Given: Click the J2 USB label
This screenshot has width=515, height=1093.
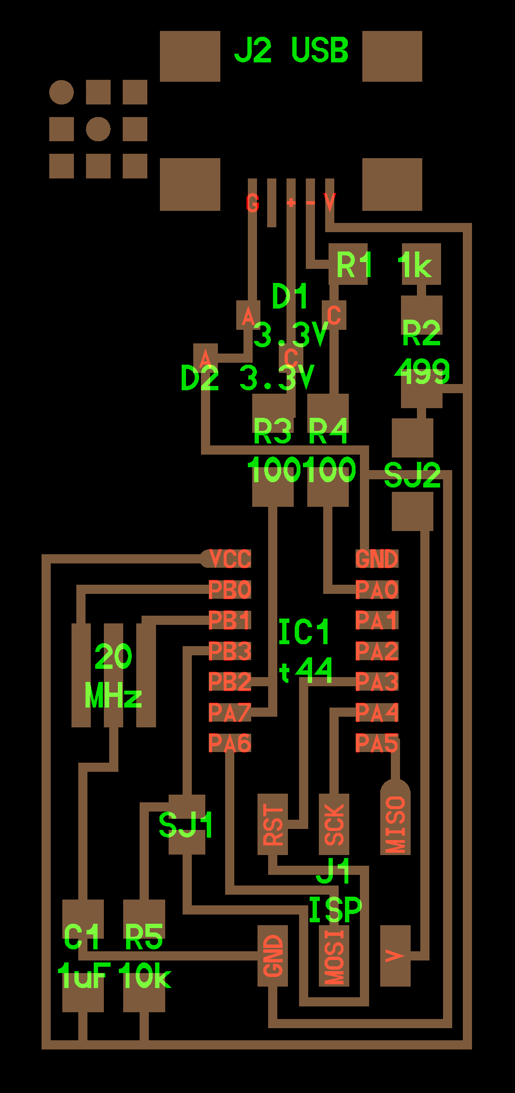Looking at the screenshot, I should pos(291,50).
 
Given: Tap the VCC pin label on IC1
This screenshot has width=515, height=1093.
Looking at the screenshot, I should pos(230,559).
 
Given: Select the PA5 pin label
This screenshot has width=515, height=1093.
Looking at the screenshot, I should pos(377,743).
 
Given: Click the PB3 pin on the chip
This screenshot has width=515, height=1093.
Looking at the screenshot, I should pos(230,651).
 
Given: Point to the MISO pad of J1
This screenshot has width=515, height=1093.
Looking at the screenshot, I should pos(395,824).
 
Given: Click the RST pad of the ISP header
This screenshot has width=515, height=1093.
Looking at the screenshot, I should pos(273,824).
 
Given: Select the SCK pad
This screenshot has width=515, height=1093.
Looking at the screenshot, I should pos(334,824).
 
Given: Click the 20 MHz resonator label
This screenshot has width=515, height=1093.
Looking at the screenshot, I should pos(113,676).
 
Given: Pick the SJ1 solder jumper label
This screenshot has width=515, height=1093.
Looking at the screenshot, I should pos(186,825).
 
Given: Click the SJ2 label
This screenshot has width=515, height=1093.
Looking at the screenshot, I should pos(412,475).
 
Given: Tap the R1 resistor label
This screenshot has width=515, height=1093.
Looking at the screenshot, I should pos(354,265).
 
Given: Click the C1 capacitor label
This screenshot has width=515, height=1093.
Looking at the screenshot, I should pos(81,937).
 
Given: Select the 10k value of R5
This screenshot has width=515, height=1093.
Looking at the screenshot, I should pos(144,976).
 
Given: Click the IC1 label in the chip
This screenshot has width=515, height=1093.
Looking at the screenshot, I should pos(304,632).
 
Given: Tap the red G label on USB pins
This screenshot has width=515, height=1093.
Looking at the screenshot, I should pos(252,203).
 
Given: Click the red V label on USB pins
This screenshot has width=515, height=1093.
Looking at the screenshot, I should pos(329,203).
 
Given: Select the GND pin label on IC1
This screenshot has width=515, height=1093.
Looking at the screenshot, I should pos(377,559).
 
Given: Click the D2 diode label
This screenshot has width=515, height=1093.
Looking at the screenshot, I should pos(200,378).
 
